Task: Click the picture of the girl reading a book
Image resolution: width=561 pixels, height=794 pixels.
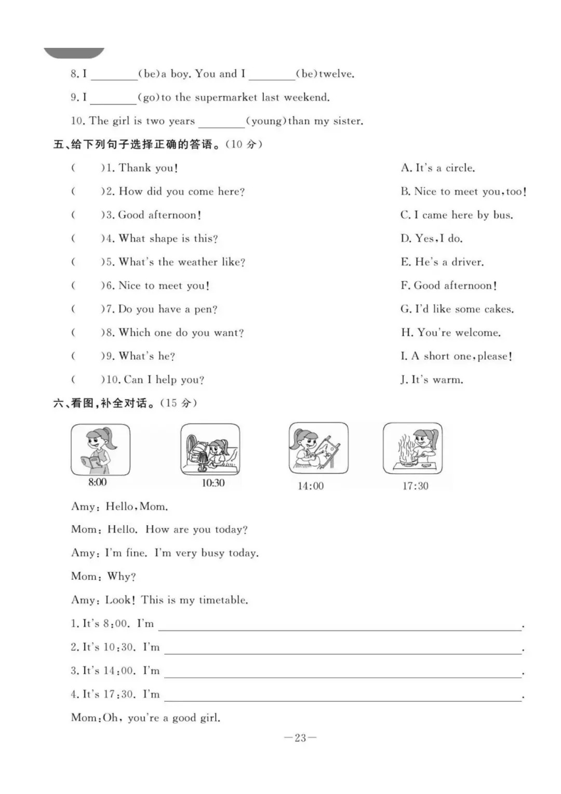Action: click(x=100, y=449)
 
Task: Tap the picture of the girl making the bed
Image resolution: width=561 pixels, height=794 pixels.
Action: click(x=210, y=449)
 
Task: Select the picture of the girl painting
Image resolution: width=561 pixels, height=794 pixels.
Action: click(x=318, y=448)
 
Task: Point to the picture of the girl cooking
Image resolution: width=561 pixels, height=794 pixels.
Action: click(x=412, y=448)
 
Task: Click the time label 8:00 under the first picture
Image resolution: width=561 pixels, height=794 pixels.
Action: click(x=97, y=482)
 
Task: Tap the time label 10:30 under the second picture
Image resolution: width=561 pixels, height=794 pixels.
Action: click(x=213, y=483)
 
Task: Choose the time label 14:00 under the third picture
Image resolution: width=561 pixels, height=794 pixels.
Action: click(x=310, y=486)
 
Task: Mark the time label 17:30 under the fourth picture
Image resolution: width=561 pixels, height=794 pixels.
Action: click(x=415, y=486)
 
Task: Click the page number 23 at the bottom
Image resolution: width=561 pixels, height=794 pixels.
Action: click(x=300, y=738)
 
